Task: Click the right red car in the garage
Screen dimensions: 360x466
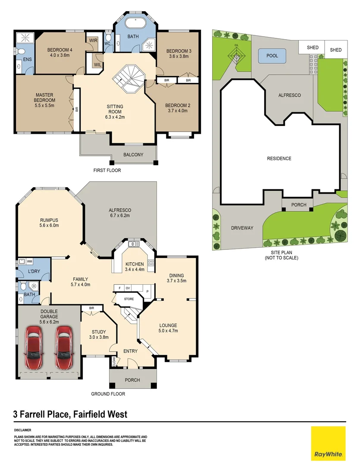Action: pos(63,347)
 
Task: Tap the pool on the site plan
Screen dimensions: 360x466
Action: pos(272,56)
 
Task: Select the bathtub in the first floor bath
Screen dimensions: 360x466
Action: pos(135,23)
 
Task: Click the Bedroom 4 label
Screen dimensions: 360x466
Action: pos(59,50)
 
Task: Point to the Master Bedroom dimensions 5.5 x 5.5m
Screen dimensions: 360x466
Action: pos(44,106)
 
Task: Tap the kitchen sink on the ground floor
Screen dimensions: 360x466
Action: pos(134,244)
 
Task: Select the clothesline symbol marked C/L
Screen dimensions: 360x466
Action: pos(236,55)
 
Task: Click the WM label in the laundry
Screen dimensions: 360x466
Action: pos(29,261)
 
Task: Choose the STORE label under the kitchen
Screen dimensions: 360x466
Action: pos(129,299)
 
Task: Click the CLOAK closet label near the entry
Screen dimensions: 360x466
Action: pos(114,361)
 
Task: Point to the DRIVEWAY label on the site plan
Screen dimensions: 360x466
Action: pos(242,228)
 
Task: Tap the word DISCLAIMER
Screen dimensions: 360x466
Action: pos(22,430)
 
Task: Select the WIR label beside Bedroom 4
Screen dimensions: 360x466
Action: pos(93,41)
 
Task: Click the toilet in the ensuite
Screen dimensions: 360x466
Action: pos(21,52)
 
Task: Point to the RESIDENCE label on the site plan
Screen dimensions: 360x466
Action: pos(279,158)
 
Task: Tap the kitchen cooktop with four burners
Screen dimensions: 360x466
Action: pos(151,262)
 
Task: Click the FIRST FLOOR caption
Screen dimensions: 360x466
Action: pos(107,170)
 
